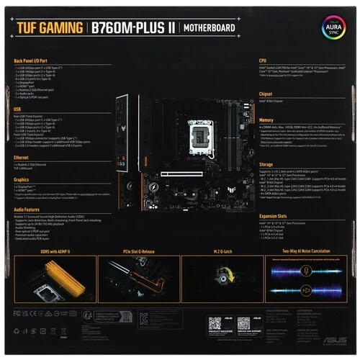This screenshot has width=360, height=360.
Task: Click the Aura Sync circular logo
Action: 333,28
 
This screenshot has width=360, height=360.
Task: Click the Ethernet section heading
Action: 22,156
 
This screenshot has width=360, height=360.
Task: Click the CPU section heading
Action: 263,60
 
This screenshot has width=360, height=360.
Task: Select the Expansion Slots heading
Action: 274,215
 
